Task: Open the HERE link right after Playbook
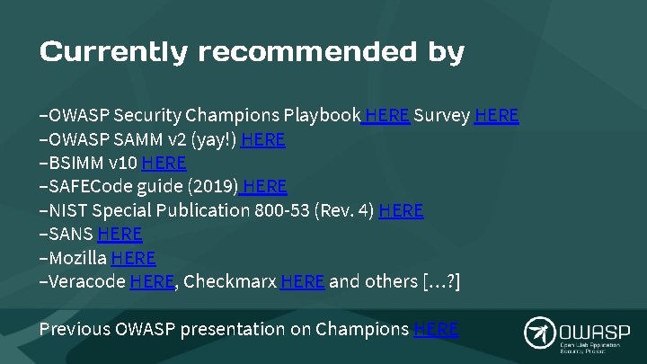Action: [x=387, y=116]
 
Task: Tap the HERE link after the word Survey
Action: [x=496, y=116]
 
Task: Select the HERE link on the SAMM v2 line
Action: [x=263, y=139]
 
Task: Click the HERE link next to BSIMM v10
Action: [x=164, y=163]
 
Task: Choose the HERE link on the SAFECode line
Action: [x=264, y=187]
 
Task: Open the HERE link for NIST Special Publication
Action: [x=401, y=210]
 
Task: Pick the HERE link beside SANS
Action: [x=120, y=234]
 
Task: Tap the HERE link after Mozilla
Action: [x=134, y=258]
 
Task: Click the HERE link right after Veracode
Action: [x=152, y=281]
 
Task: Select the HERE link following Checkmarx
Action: [x=302, y=281]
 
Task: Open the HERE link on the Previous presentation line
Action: [x=436, y=329]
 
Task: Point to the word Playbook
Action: [x=322, y=116]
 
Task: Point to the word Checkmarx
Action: [x=229, y=281]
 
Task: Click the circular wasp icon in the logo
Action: [x=539, y=332]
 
